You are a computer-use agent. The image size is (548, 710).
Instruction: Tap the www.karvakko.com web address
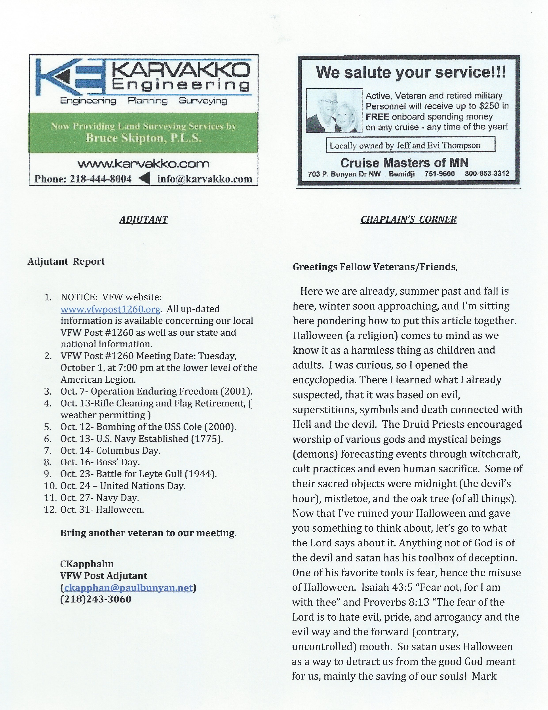tap(143, 164)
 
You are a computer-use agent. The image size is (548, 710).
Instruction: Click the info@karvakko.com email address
tap(205, 179)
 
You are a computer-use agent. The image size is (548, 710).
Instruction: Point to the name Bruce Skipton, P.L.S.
tap(143, 138)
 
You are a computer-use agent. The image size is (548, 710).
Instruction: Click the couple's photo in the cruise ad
tap(334, 111)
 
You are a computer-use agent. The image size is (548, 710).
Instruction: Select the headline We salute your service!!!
tap(411, 72)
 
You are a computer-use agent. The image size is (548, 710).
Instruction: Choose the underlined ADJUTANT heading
tap(143, 220)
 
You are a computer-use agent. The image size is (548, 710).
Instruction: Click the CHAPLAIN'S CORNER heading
tap(408, 219)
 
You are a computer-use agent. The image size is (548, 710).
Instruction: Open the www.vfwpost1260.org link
tap(110, 309)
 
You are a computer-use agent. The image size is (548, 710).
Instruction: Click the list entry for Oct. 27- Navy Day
tap(100, 498)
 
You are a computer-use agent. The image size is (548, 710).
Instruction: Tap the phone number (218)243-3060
tap(96, 599)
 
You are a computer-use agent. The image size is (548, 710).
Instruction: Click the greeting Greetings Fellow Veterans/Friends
tap(375, 267)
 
